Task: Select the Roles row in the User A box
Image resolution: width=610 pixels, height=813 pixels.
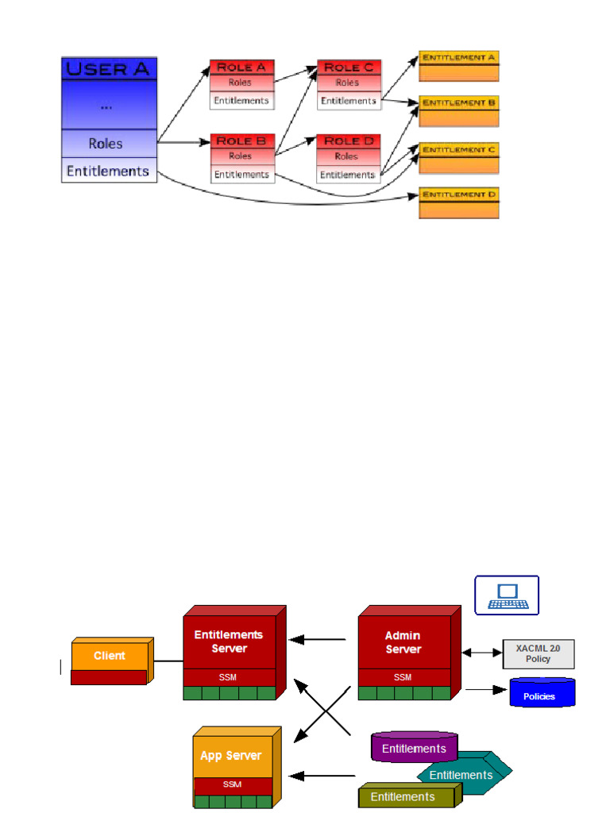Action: point(106,144)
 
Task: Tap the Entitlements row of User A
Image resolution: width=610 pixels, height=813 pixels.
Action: point(107,171)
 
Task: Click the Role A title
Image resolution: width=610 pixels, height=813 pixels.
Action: point(241,67)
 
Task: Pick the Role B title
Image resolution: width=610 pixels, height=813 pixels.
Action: point(241,141)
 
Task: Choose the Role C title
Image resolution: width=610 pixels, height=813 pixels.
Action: point(348,67)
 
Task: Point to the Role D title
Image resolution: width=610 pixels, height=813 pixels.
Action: point(348,141)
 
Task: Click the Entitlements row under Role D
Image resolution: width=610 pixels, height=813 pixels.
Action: point(348,174)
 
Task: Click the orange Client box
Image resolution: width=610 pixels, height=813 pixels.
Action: point(110,657)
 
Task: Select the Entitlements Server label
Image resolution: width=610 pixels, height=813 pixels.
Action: point(229,642)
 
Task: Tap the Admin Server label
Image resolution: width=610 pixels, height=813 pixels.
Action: point(403,642)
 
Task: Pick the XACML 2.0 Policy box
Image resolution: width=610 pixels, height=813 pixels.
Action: point(538,653)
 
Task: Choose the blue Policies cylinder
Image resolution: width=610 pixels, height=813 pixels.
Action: point(541,693)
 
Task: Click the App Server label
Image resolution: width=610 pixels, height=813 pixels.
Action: point(231,755)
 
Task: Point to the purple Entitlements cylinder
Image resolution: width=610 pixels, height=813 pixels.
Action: point(414,748)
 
